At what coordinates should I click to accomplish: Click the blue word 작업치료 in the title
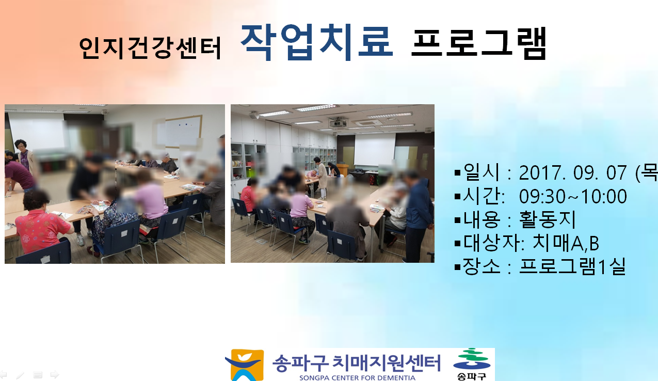click(317, 42)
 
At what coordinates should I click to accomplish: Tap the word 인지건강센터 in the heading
click(150, 48)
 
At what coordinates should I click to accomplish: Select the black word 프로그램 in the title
click(478, 43)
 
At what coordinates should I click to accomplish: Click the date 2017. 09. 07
click(573, 173)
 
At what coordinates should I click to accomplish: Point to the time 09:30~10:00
click(573, 196)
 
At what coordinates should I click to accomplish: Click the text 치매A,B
click(566, 243)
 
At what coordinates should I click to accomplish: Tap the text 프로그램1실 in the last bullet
click(572, 267)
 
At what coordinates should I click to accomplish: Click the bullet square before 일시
click(457, 172)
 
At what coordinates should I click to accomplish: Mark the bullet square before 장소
click(457, 267)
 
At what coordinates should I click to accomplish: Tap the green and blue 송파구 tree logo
click(472, 364)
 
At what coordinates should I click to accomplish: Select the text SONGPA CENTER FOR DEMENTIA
click(357, 378)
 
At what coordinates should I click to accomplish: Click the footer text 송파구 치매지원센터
click(357, 363)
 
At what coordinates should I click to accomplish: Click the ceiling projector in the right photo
click(338, 123)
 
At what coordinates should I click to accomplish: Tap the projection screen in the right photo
click(374, 149)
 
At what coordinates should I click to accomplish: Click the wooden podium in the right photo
click(343, 169)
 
